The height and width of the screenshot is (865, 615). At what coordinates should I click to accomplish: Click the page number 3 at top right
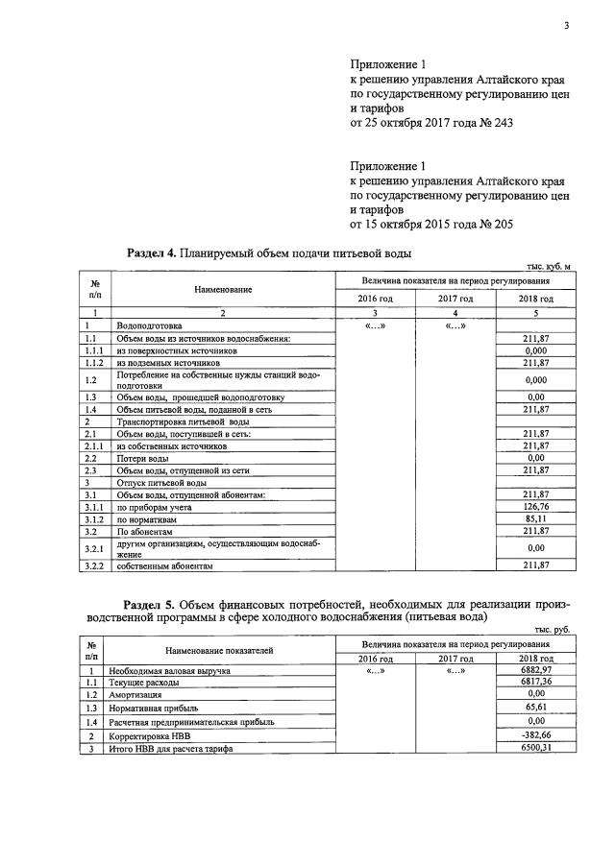pyautogui.click(x=566, y=26)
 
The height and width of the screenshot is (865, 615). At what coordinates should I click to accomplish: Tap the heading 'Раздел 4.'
pyautogui.click(x=153, y=253)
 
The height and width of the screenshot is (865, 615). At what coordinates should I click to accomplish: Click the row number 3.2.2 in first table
pyautogui.click(x=94, y=566)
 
